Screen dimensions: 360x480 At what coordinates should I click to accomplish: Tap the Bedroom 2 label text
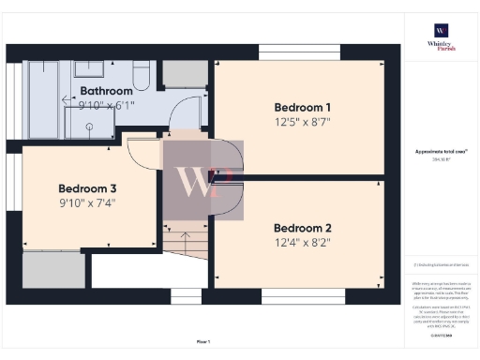[302, 228]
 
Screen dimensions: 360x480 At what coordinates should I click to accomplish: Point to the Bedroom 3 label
[87, 187]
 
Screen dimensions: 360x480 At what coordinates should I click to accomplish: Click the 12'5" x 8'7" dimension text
[303, 121]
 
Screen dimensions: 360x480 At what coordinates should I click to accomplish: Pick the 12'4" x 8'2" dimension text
[302, 243]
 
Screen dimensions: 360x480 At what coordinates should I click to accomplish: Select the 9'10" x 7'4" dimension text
[87, 202]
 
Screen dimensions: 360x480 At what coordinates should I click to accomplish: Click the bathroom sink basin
[90, 68]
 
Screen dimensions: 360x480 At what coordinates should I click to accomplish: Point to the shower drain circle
[90, 126]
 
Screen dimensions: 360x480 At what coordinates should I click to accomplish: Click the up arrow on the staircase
[184, 239]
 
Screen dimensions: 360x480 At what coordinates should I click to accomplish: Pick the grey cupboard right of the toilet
[184, 76]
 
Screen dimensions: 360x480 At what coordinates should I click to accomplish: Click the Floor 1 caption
[203, 341]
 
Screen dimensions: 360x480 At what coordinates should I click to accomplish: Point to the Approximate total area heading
[440, 151]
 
